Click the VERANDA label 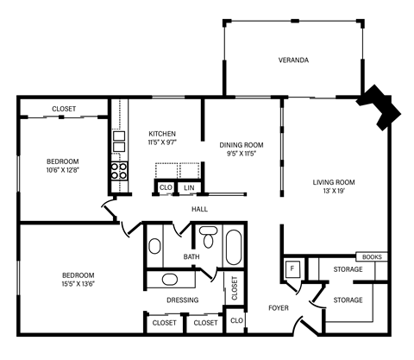tap(293, 60)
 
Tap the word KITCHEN tap(162, 134)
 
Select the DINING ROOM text tap(241, 144)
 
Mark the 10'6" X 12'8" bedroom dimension tap(63, 171)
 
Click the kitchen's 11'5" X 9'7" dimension tap(162, 143)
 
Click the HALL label tap(200, 209)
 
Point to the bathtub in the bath tap(235, 245)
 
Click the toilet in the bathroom tap(208, 234)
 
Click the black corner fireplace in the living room tap(380, 105)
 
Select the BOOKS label tap(373, 257)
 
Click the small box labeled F tap(292, 269)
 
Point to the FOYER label tap(279, 306)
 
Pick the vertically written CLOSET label tap(234, 287)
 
